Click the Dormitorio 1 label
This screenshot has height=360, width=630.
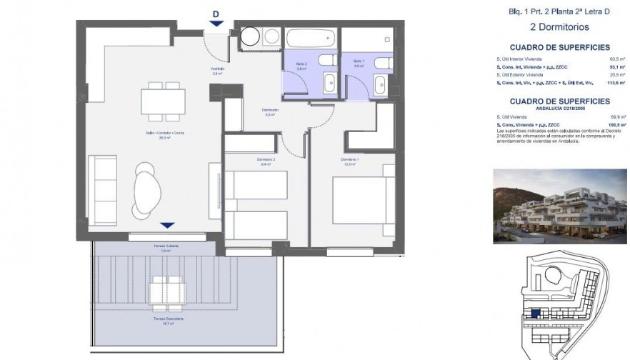click(349, 161)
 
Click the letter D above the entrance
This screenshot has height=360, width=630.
click(216, 14)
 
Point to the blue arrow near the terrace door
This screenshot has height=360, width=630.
click(166, 226)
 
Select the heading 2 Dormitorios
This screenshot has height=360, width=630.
click(549, 27)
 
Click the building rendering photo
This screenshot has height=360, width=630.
click(559, 205)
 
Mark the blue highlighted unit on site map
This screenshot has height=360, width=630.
click(535, 313)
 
